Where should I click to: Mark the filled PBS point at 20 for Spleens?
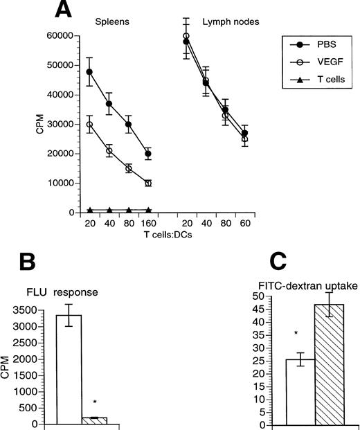pyautogui.click(x=90, y=71)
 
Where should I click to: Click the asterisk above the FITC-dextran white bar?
pyautogui.click(x=296, y=334)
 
